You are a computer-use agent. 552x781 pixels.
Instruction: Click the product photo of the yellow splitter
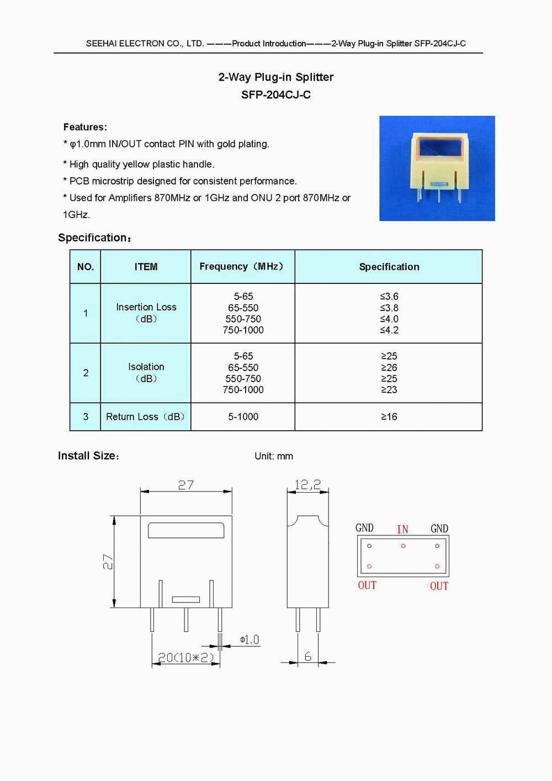437,168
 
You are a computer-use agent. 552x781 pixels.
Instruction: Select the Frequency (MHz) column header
242,267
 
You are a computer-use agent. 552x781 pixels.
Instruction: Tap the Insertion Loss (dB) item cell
146,313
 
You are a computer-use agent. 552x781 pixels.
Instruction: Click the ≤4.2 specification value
389,330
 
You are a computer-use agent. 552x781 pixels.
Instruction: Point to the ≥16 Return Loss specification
389,417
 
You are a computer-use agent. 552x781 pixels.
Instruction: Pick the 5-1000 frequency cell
243,417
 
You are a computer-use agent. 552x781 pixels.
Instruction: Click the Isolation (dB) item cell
146,372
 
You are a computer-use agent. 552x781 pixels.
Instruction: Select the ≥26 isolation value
389,367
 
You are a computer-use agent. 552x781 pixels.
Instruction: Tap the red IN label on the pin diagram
402,530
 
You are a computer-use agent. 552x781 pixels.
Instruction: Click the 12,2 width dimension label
307,485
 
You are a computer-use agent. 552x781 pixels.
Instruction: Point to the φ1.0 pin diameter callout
250,640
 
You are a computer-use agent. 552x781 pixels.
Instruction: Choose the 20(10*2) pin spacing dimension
185,657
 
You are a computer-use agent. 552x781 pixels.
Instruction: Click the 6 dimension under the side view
307,656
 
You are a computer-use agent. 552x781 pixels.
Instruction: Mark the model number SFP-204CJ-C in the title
275,95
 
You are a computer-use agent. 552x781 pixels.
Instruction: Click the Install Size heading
88,456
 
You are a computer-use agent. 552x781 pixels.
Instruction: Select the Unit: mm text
274,456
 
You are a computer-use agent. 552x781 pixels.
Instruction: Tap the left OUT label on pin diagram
367,585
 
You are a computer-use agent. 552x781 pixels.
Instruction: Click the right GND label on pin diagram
439,529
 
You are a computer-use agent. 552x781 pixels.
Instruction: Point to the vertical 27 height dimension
108,562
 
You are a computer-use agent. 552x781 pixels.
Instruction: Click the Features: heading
85,127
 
